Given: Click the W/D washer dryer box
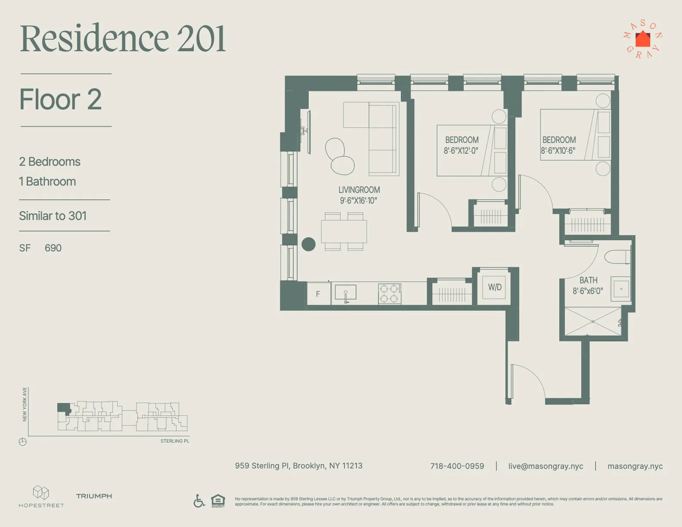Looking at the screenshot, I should (x=495, y=287).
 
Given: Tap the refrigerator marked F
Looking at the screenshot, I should (x=318, y=294).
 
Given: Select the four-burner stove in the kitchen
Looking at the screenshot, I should (x=390, y=294).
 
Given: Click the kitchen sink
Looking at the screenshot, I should (x=345, y=293).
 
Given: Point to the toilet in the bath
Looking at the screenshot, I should (x=617, y=257).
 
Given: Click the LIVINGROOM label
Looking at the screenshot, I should (x=359, y=190).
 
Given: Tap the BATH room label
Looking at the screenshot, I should (x=588, y=280).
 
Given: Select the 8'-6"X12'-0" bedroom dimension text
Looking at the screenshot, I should (x=461, y=151).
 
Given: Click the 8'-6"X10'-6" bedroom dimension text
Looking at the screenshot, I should (x=558, y=151).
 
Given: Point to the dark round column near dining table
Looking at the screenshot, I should (x=308, y=244).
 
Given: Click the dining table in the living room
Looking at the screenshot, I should (x=344, y=232).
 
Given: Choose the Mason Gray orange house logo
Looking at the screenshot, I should (x=643, y=39).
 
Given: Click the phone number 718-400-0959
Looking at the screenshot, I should (x=457, y=466).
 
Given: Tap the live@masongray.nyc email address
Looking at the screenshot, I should (x=546, y=466).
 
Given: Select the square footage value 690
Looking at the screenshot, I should (x=53, y=248).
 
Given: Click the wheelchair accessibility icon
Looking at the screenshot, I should (x=199, y=501).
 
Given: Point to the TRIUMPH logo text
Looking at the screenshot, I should (x=94, y=496).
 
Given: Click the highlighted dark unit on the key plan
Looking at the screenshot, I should (x=63, y=408).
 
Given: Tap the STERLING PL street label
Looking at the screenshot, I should (x=174, y=441).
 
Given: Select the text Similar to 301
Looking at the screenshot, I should (x=53, y=216).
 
